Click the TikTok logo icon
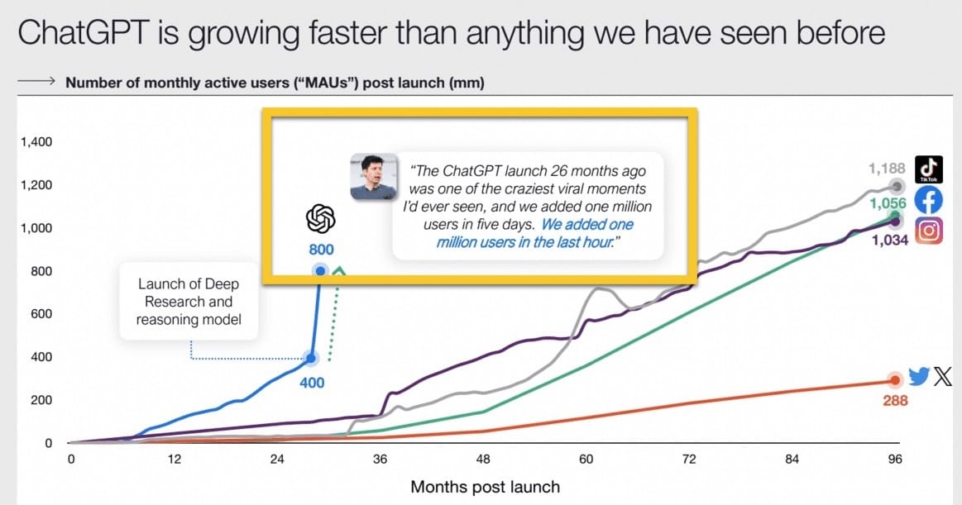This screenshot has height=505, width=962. (929, 169)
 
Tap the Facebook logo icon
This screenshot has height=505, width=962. (929, 200)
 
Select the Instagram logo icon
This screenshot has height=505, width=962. (929, 231)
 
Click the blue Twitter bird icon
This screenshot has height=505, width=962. (918, 376)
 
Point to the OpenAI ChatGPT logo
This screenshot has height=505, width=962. (321, 219)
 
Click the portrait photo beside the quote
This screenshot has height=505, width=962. (374, 177)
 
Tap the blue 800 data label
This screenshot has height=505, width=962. (321, 250)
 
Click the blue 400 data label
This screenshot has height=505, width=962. (312, 383)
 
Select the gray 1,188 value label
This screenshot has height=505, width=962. (887, 169)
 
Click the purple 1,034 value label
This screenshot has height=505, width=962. (890, 241)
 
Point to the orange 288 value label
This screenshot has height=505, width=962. (895, 401)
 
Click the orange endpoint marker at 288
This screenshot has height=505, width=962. (895, 380)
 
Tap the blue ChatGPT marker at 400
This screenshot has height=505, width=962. (311, 358)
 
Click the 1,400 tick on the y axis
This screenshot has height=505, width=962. (37, 141)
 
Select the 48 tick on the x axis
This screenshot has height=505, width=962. (483, 459)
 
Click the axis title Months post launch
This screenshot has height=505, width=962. (486, 487)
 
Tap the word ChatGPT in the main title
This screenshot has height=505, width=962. (84, 33)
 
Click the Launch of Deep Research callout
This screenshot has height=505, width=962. (189, 302)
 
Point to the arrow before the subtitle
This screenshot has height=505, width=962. (37, 81)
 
